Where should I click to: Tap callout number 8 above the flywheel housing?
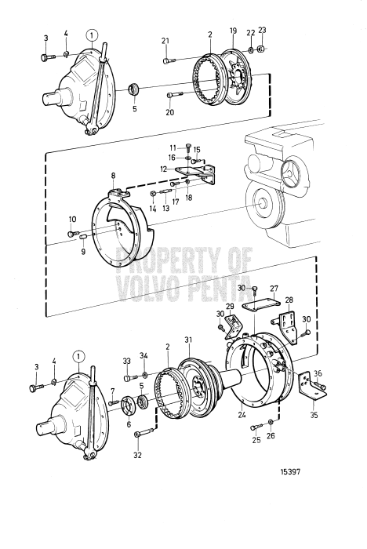[x=113, y=176]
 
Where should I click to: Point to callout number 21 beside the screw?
[x=165, y=41]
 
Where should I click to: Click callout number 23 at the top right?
[x=262, y=31]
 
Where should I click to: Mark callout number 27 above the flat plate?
[x=274, y=289]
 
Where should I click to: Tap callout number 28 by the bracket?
[x=289, y=300]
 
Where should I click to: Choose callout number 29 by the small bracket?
[x=231, y=305]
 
